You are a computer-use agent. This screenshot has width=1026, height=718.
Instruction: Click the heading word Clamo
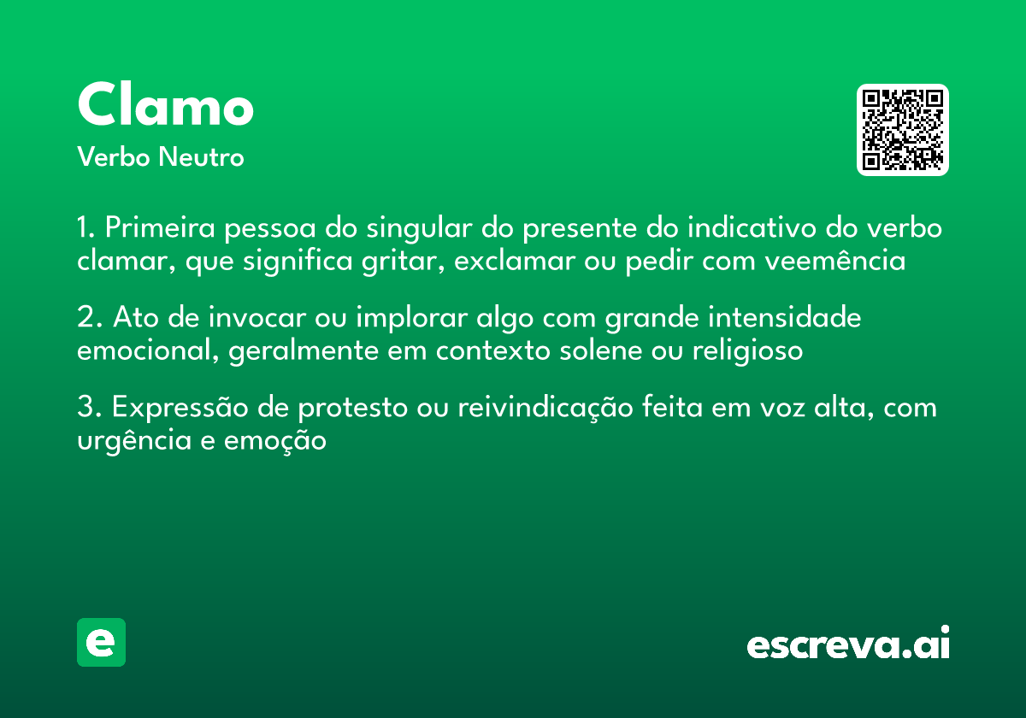point(165,106)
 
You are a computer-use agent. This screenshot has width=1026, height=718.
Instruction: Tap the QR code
point(903,130)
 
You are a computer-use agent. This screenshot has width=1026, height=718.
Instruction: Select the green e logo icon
point(101,642)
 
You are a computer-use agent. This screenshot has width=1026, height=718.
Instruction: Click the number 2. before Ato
point(88,318)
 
